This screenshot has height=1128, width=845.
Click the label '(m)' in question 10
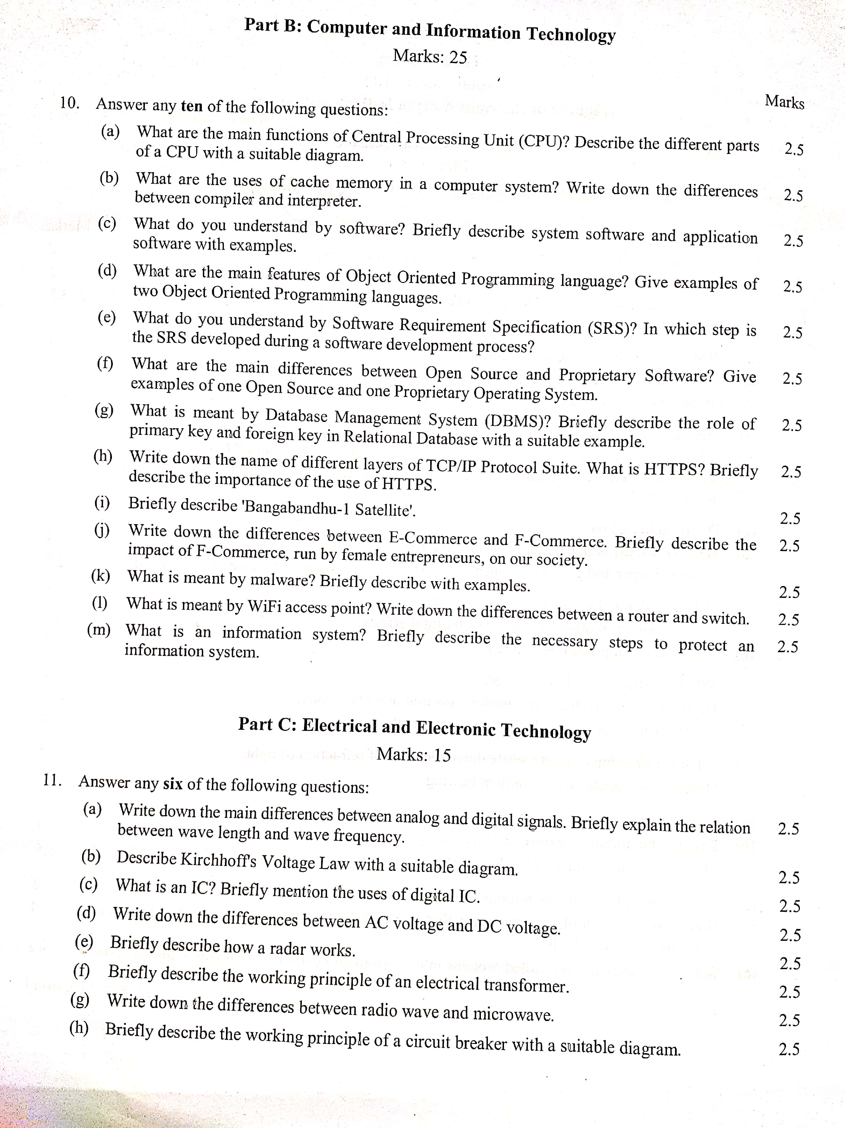click(x=99, y=630)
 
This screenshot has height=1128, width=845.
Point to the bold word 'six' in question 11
click(x=173, y=784)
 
